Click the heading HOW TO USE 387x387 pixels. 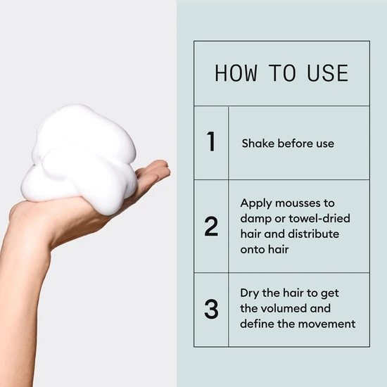pos(281,73)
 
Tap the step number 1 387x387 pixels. pos(211,142)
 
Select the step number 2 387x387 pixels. pos(211,226)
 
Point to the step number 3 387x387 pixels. pos(211,310)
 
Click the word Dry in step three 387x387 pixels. pos(250,293)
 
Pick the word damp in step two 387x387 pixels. pos(255,218)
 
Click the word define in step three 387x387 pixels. pos(258,324)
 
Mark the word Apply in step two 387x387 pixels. pos(256,202)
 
